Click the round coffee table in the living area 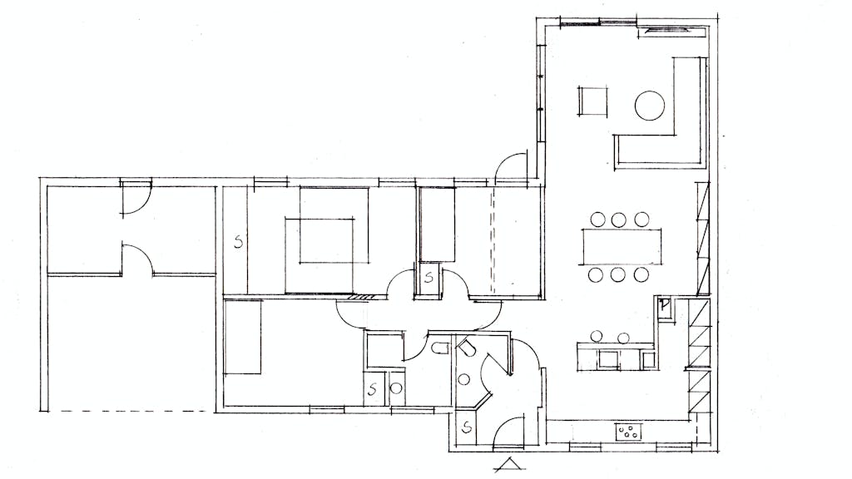point(649,106)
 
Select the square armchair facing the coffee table point(592,101)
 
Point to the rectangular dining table point(622,246)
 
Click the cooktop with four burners point(629,432)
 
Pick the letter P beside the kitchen point(663,305)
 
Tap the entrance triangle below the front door point(510,464)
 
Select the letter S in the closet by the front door point(466,428)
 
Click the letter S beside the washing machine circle point(373,389)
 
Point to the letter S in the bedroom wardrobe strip point(238,242)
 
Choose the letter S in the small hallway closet point(428,278)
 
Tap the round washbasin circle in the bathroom point(463,379)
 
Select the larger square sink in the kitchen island point(608,359)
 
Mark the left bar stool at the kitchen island point(597,337)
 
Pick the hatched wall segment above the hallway point(359,297)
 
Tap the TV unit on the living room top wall point(672,32)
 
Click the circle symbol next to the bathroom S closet point(396,388)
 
